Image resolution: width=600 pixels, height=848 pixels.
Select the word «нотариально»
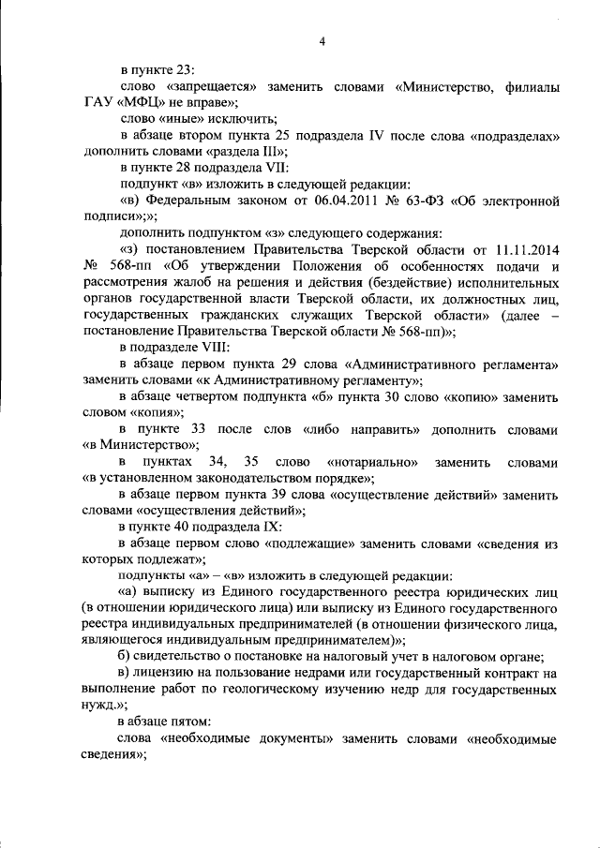(x=373, y=462)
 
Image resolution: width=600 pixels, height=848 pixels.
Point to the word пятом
(x=188, y=722)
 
